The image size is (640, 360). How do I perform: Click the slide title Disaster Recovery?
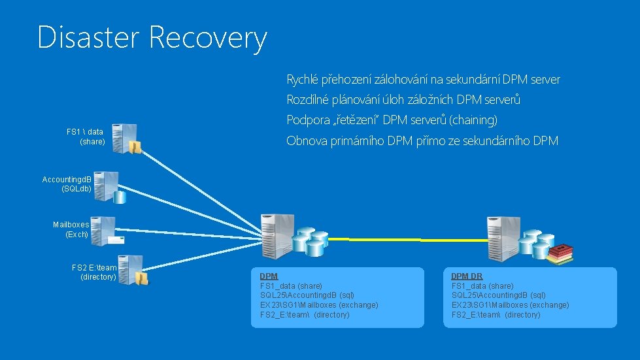coord(152,37)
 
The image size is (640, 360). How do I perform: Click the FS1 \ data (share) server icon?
coord(125,139)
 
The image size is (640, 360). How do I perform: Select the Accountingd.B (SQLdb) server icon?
coord(106,187)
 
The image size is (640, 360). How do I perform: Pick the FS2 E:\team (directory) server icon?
coord(131,269)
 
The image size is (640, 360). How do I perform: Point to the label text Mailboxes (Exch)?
coord(71,229)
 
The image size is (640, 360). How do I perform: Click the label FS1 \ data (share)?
coord(86,137)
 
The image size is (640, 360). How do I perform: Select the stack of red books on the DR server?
coord(560,254)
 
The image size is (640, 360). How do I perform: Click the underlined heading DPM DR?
coord(467,276)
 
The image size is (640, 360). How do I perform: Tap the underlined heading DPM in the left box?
coord(269,276)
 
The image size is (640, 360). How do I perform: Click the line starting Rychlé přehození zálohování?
coord(423,80)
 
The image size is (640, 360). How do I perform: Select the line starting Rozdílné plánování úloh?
coord(403,100)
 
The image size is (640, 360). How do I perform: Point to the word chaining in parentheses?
coord(473,120)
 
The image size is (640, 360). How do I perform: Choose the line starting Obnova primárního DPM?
coord(422,140)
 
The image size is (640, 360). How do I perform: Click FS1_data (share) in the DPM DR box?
coord(482,286)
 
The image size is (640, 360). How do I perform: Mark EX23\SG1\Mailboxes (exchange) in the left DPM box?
coord(318,305)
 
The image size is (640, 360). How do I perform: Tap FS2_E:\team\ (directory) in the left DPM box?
coord(305,315)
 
